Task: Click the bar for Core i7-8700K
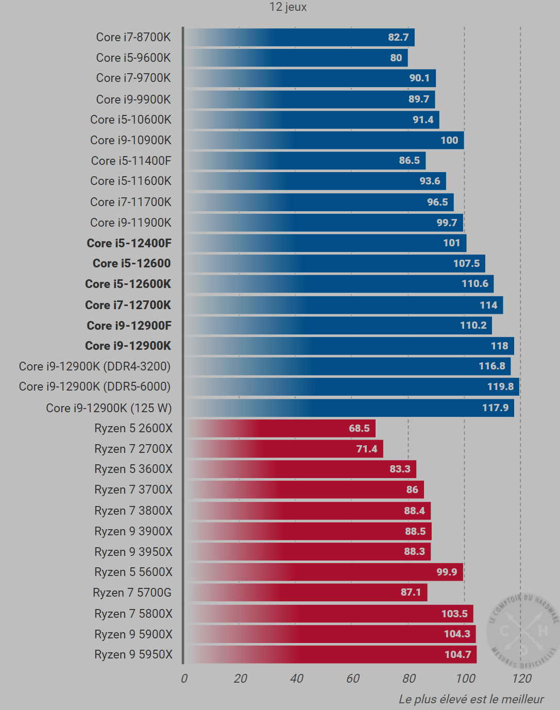[x=299, y=38]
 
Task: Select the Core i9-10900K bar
[x=324, y=140]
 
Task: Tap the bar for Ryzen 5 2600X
[x=280, y=428]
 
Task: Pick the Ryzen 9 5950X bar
[x=330, y=654]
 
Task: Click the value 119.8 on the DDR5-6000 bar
[x=500, y=386]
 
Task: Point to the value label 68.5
[x=359, y=428]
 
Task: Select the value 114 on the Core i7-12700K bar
[x=488, y=305]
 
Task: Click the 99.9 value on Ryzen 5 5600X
[x=447, y=572]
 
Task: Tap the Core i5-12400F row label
[x=129, y=243]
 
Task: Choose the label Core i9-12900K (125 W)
[x=109, y=408]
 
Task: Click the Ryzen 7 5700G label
[x=132, y=593]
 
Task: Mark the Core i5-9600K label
[x=133, y=58]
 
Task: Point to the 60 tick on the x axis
[x=353, y=679]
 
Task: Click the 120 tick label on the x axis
[x=522, y=679]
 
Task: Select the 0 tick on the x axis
[x=184, y=679]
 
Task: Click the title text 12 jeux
[x=288, y=7]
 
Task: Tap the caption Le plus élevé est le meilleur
[x=471, y=699]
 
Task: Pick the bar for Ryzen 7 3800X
[x=308, y=511]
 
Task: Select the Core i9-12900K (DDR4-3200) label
[x=95, y=366]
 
